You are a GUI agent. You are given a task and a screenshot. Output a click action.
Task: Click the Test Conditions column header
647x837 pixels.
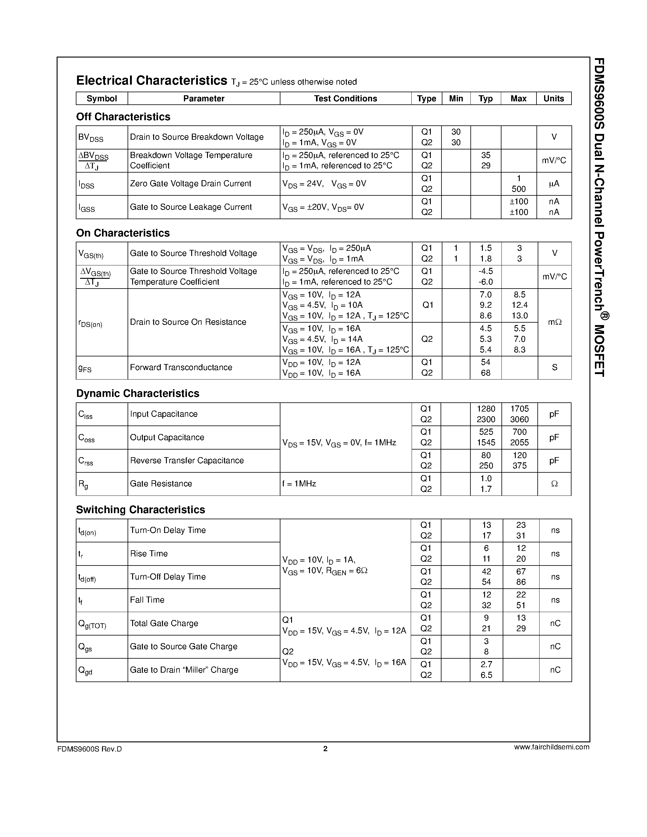pos(345,99)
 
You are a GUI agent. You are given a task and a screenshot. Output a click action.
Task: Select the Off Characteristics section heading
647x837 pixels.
pos(123,117)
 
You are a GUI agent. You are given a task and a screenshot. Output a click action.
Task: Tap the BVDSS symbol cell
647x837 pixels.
pos(91,138)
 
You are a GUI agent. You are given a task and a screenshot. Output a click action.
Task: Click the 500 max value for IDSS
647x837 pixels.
pos(519,189)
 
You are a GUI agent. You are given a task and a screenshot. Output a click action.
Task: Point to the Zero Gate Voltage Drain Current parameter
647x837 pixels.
pos(191,184)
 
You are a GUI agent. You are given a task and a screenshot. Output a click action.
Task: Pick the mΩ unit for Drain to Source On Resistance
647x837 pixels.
pos(554,322)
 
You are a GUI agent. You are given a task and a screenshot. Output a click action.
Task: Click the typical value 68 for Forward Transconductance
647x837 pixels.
pos(486,373)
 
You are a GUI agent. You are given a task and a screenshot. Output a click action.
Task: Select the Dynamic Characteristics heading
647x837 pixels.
pos(138,393)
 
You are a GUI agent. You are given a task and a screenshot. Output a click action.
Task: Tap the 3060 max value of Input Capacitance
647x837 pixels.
pos(519,419)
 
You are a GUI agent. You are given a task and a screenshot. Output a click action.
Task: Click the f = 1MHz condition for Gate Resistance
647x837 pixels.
pos(299,484)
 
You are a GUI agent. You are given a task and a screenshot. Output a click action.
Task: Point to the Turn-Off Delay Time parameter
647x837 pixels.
pos(168,576)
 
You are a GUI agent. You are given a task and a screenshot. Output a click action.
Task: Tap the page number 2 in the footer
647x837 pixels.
pos(325,748)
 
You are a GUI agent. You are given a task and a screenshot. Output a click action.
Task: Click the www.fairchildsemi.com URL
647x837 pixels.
pos(551,747)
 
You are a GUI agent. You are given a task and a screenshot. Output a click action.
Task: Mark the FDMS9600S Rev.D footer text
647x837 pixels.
pos(89,749)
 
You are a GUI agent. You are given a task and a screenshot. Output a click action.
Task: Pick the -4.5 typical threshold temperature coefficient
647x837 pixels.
pos(486,271)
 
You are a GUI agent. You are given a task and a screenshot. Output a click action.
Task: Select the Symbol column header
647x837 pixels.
pos(102,99)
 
